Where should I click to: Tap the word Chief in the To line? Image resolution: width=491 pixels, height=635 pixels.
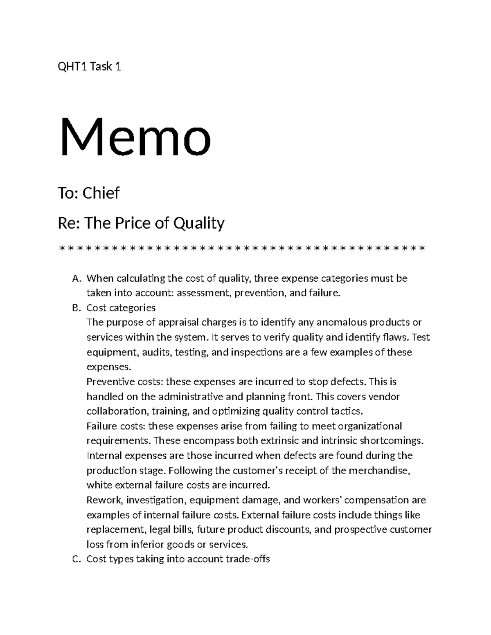[x=101, y=193]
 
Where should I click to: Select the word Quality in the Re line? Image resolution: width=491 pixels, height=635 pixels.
[x=199, y=223]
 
